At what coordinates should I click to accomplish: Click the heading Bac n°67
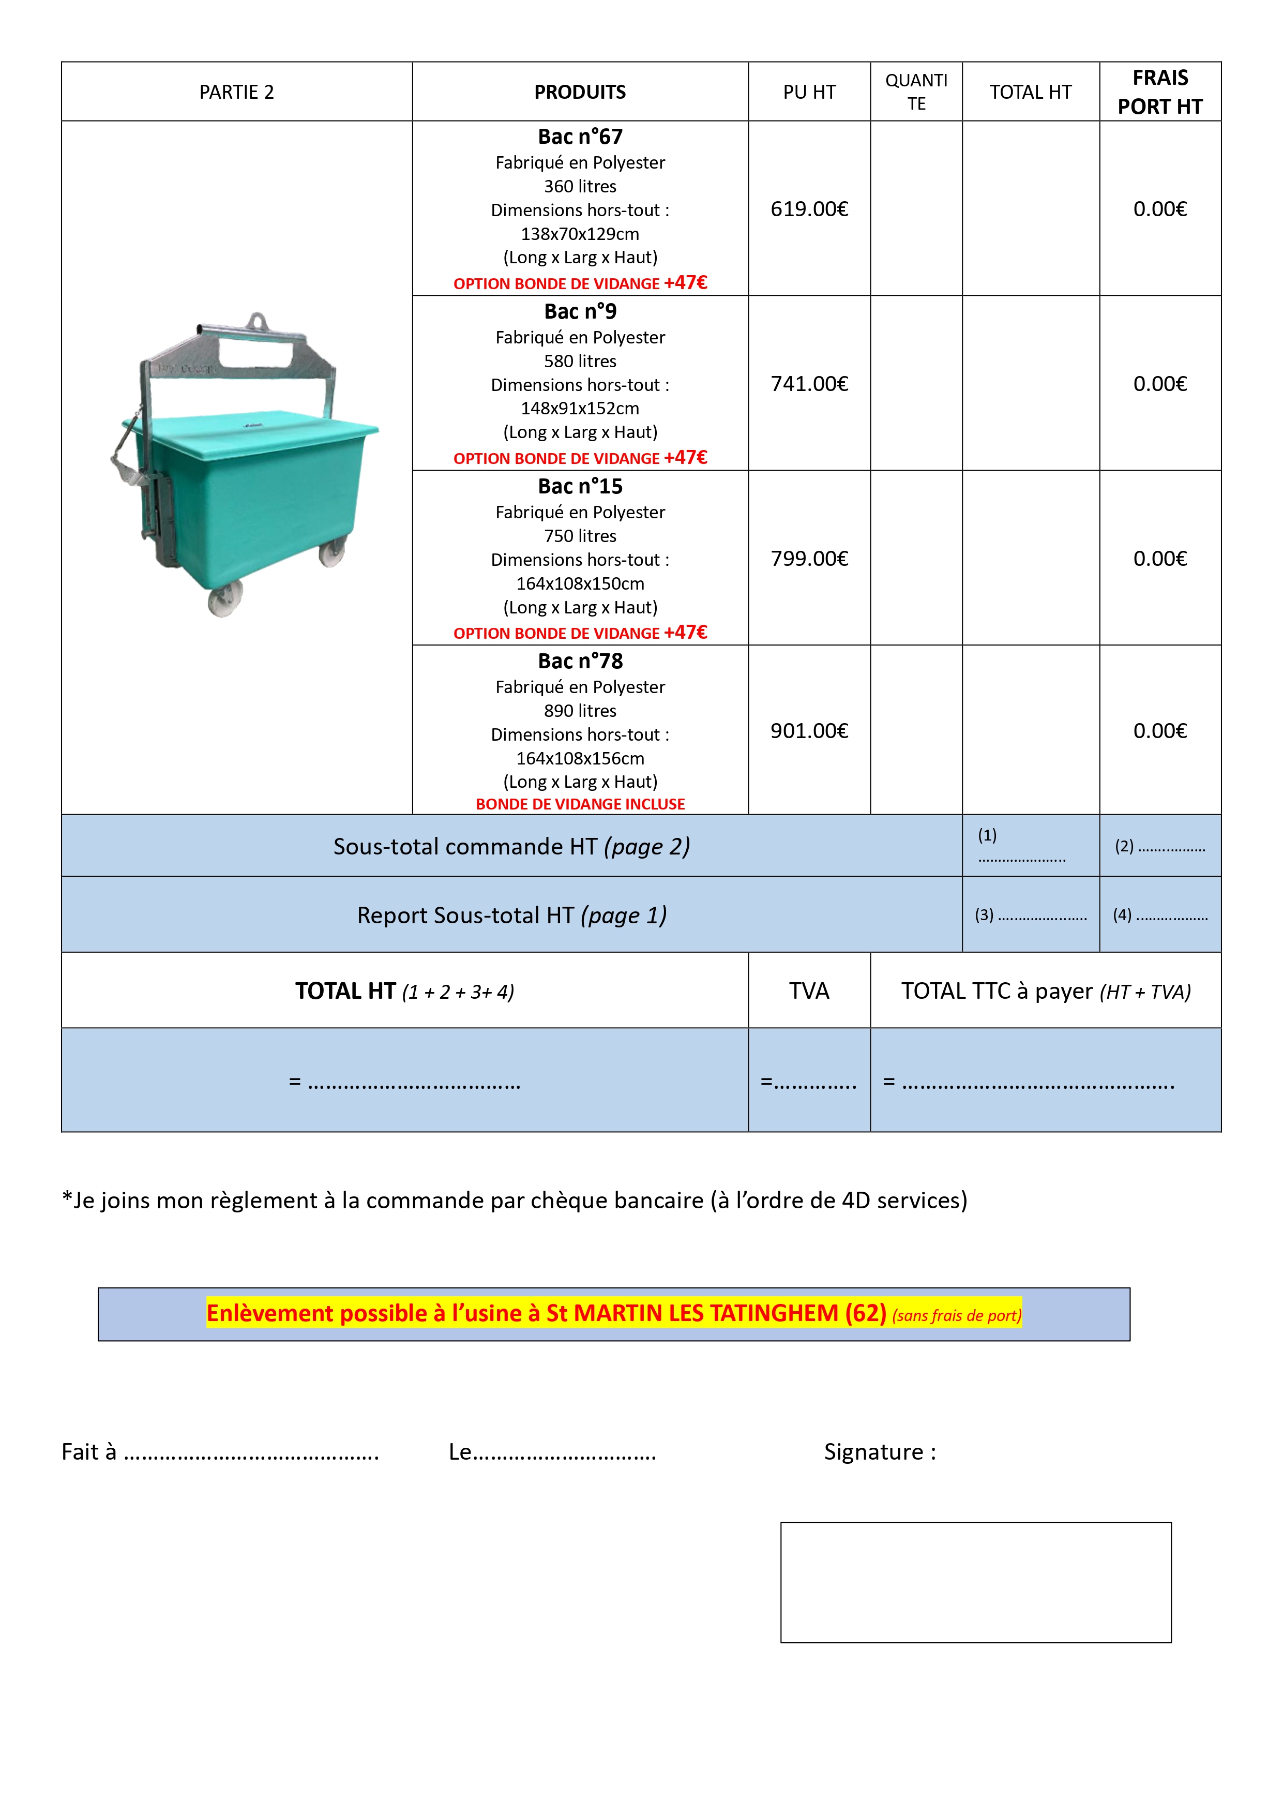(x=580, y=137)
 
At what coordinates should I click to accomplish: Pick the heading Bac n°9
(x=580, y=311)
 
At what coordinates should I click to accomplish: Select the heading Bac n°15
(x=580, y=486)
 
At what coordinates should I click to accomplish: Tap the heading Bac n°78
(x=580, y=661)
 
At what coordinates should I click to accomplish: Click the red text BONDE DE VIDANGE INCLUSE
(x=580, y=804)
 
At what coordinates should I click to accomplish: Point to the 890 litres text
(x=580, y=711)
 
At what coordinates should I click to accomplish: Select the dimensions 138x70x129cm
(x=580, y=234)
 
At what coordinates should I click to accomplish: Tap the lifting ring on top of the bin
(x=257, y=321)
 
